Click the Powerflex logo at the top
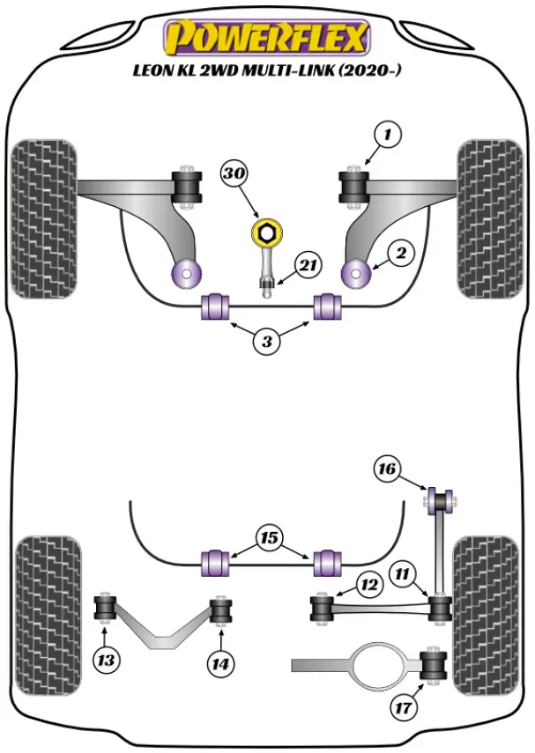pyautogui.click(x=267, y=38)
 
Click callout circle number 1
pyautogui.click(x=388, y=136)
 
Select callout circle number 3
pyautogui.click(x=268, y=341)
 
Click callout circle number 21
pyautogui.click(x=308, y=264)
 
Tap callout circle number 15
pyautogui.click(x=269, y=537)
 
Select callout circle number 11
pyautogui.click(x=404, y=575)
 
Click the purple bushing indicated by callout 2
pyautogui.click(x=356, y=272)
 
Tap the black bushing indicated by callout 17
pyautogui.click(x=435, y=665)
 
